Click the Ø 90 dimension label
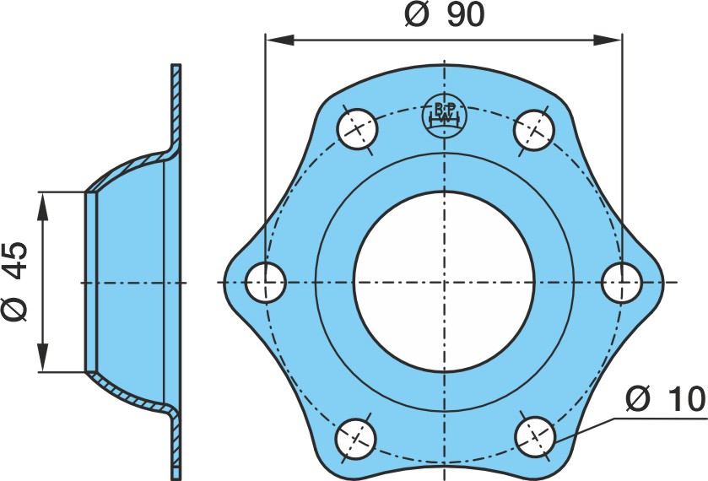tap(445, 14)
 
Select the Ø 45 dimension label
tap(15, 281)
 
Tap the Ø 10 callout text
tap(666, 399)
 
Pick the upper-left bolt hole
tap(357, 129)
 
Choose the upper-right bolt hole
tap(534, 131)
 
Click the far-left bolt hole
tap(266, 282)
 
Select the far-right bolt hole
tap(622, 283)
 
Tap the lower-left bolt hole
tap(357, 439)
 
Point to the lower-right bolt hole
tap(535, 437)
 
